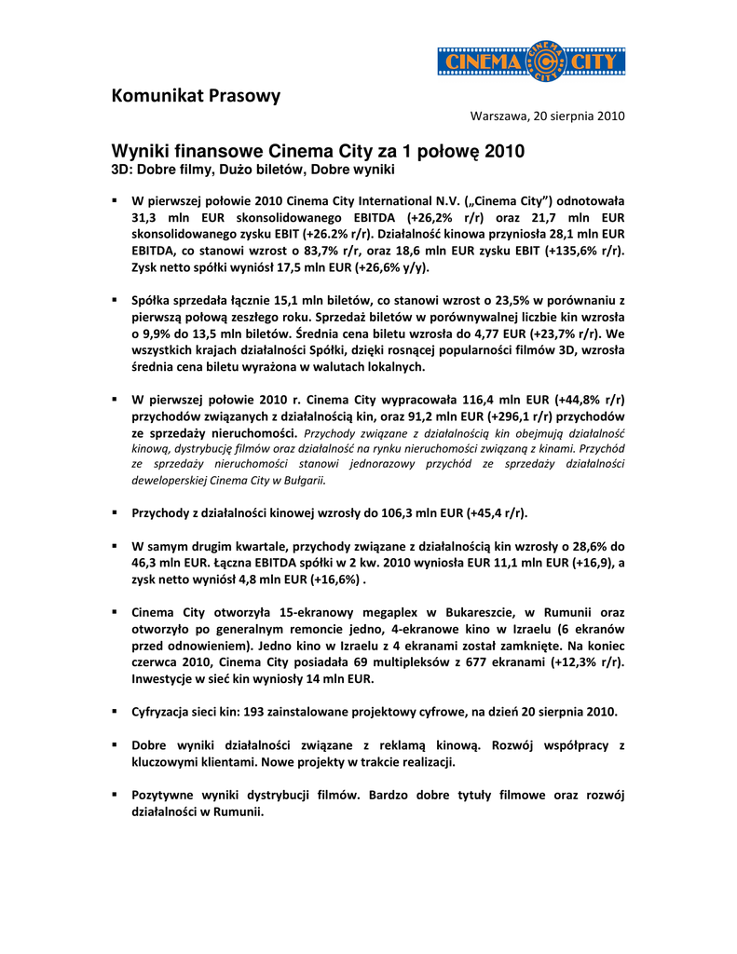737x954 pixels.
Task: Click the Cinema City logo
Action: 531,61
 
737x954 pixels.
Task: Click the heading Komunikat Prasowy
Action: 196,95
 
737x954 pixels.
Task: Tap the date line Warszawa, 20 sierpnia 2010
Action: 547,116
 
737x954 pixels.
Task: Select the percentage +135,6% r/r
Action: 586,251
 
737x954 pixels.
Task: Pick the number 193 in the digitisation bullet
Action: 256,712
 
